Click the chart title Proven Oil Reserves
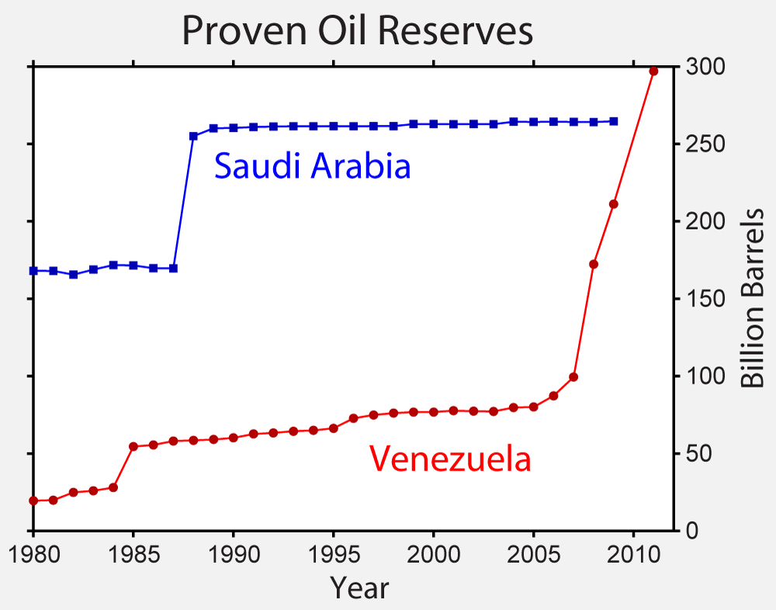[357, 32]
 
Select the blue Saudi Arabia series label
[312, 166]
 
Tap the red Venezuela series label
[450, 459]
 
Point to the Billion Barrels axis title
[753, 299]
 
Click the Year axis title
[359, 587]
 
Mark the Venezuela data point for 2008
[594, 264]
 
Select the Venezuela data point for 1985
[133, 446]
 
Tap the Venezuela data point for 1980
[33, 501]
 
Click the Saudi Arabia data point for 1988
[193, 136]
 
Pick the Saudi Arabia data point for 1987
[173, 269]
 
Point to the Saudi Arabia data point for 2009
[614, 121]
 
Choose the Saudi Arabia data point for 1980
[33, 271]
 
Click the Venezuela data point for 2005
[533, 407]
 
